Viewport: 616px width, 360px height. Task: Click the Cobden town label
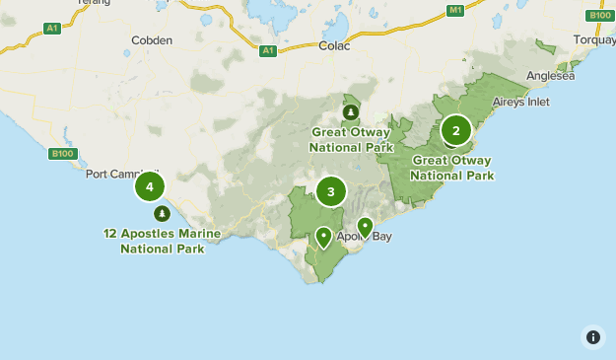[x=152, y=40]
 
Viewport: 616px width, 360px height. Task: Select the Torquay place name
[x=593, y=40]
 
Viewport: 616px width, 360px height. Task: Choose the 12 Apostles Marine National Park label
[x=163, y=242]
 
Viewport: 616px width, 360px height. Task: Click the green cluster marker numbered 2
[x=455, y=130]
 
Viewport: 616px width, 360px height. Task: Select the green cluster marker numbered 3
[x=331, y=192]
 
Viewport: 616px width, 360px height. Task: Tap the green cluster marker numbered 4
[x=149, y=186]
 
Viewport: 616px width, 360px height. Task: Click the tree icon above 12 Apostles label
[x=162, y=213]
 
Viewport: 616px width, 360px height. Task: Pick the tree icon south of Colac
[x=351, y=110]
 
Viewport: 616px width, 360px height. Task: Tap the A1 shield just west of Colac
[x=268, y=50]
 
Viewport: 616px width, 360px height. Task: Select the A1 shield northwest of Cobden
[x=53, y=30]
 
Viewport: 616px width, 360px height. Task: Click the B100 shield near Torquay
[x=600, y=15]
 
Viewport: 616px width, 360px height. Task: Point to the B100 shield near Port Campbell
[x=60, y=153]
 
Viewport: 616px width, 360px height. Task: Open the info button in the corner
[x=592, y=336]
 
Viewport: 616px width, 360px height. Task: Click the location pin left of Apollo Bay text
[x=323, y=237]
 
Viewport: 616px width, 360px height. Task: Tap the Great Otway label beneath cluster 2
[x=452, y=168]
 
